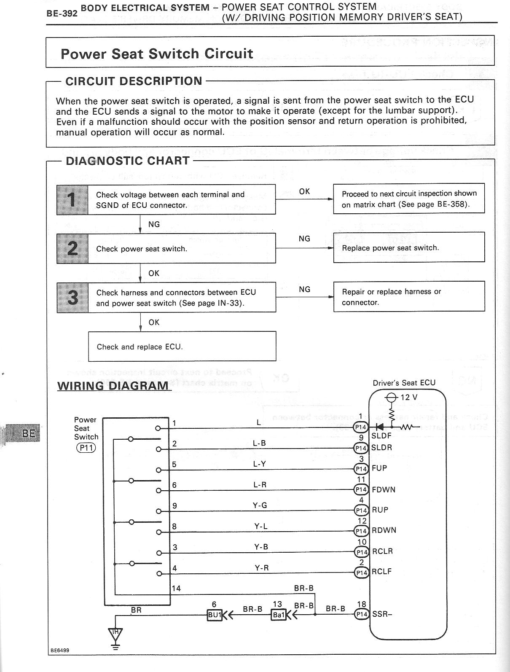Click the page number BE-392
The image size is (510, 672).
62,13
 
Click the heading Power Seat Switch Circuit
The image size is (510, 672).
156,54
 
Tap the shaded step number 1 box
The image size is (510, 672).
72,199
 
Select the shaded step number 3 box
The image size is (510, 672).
72,297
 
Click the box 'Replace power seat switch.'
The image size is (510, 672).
408,247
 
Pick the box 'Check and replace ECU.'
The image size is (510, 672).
182,347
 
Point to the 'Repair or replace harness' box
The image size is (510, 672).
408,297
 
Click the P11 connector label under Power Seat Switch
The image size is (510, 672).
86,448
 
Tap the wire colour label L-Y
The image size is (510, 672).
260,464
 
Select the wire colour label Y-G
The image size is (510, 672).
260,505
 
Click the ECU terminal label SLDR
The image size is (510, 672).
381,447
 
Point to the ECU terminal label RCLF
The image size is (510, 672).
381,572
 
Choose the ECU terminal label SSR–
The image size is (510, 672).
382,614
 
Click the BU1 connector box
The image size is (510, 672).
214,615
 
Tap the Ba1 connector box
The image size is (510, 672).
278,615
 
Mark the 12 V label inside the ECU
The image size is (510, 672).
408,397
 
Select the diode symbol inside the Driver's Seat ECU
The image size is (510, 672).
379,427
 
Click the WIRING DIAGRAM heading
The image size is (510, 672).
113,386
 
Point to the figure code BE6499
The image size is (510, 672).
60,650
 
